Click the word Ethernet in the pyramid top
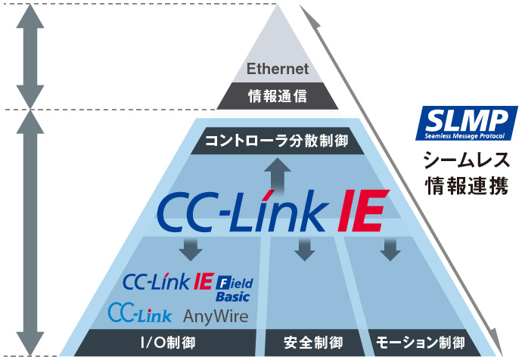[x=278, y=69]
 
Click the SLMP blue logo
[x=467, y=124]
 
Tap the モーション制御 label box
[x=420, y=343]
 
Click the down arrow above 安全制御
[x=304, y=248]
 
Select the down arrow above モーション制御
[x=390, y=248]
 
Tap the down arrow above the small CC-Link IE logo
[x=188, y=248]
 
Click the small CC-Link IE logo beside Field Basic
[x=168, y=282]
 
